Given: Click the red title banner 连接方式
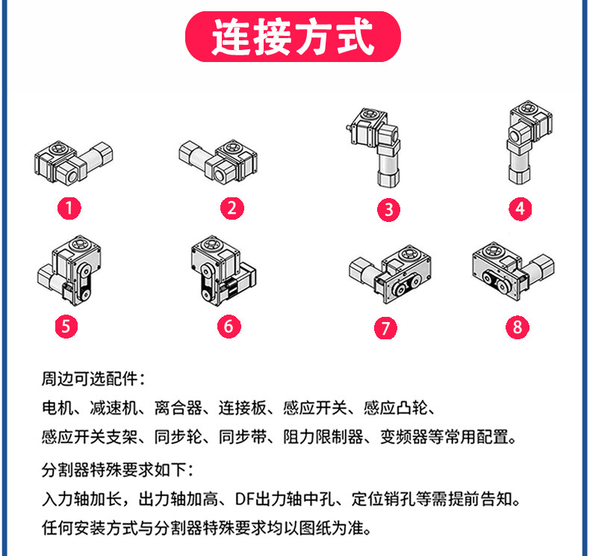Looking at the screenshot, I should click(x=294, y=37).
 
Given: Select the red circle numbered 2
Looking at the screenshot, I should click(x=232, y=208).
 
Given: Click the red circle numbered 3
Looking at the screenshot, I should click(x=388, y=210).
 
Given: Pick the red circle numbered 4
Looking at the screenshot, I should click(x=521, y=208).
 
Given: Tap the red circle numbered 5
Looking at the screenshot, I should click(x=69, y=326).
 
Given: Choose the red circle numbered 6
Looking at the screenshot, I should click(x=229, y=326).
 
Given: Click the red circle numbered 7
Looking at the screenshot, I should click(x=388, y=327).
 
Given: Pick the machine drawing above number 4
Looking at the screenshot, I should click(x=524, y=144).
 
